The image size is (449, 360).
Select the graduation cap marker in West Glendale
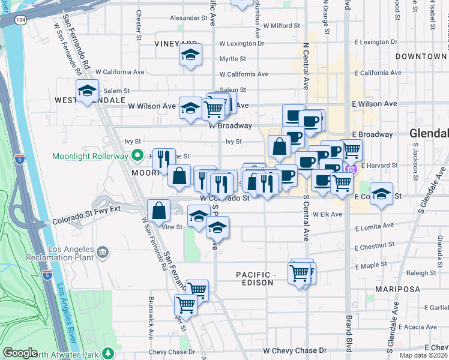87,91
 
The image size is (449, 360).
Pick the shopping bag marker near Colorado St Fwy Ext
159,211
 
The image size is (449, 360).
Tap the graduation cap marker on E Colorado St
381,194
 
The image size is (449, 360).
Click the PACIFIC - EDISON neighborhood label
264,279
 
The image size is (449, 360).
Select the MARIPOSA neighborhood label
397,289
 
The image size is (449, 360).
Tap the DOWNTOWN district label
421,56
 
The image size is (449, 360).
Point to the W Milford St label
276,26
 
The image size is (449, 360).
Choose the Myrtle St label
232,59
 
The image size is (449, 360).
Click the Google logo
20,352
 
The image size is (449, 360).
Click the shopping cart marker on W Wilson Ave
214,108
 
